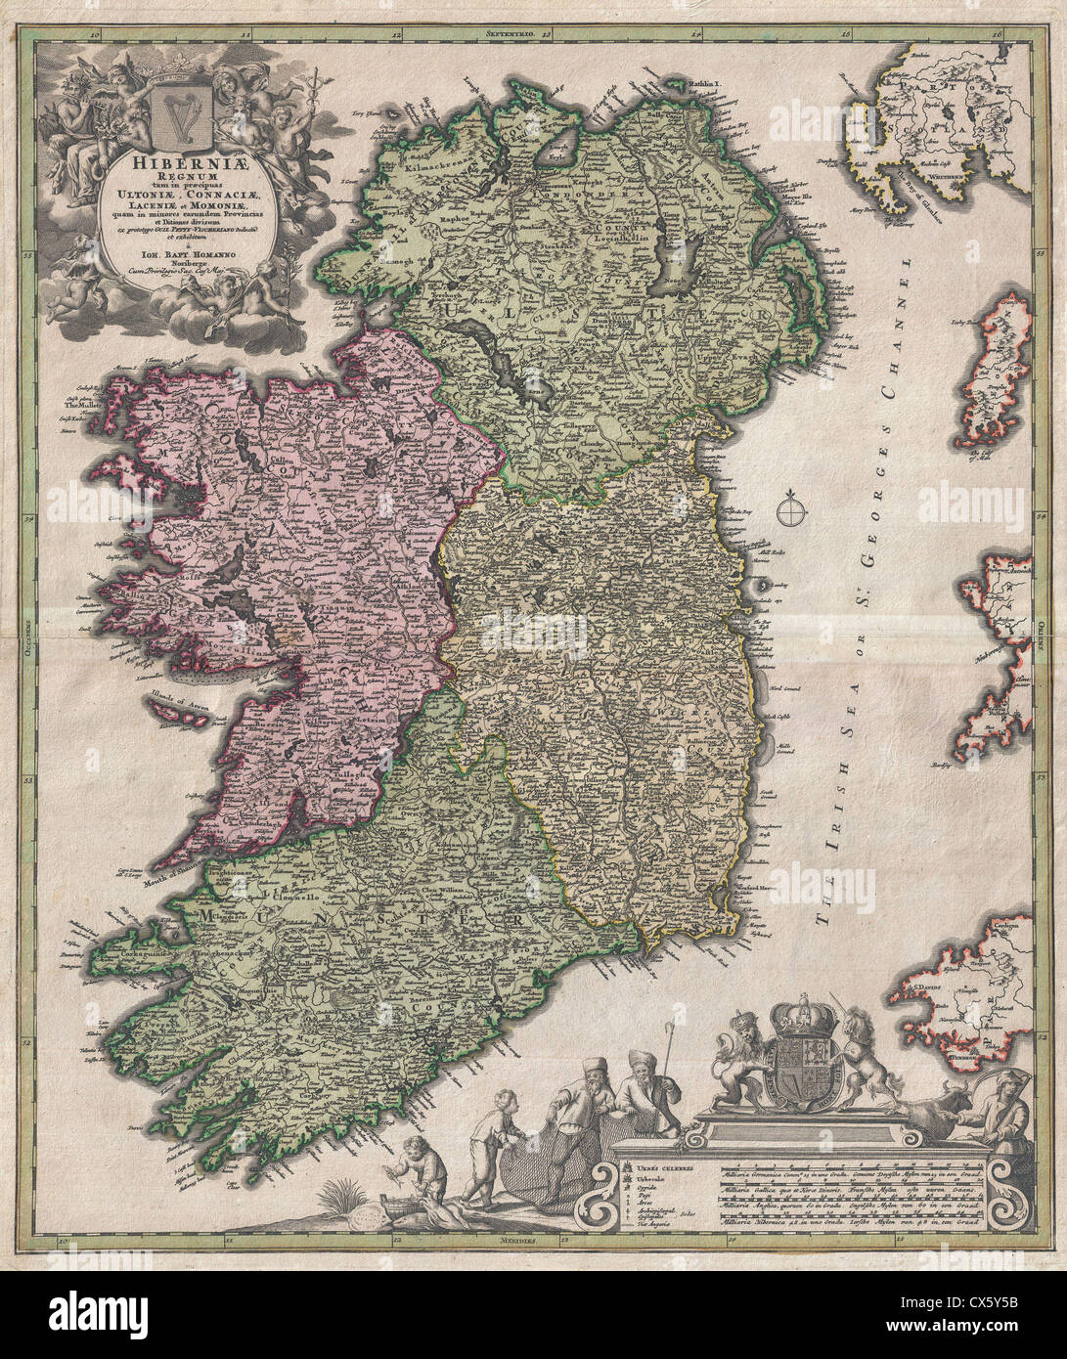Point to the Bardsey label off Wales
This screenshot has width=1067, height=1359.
click(x=941, y=766)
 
